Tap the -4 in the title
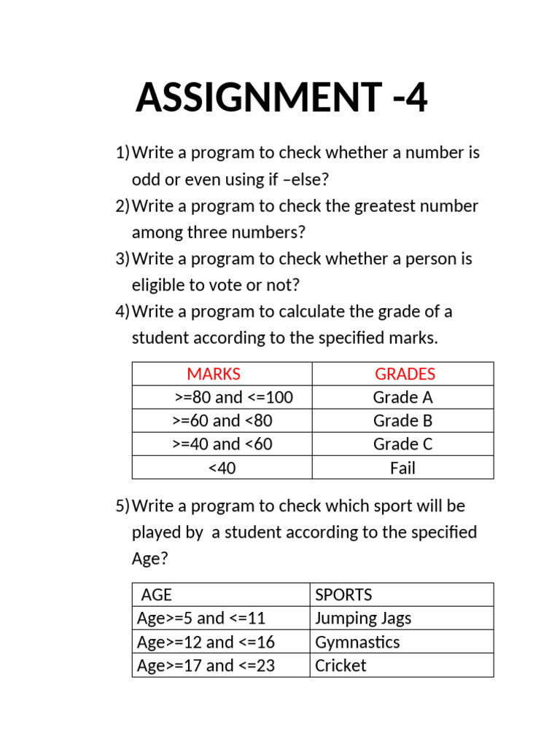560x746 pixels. pyautogui.click(x=408, y=98)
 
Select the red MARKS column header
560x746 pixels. pyautogui.click(x=214, y=374)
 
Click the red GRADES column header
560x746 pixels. pyautogui.click(x=405, y=374)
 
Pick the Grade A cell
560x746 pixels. pyautogui.click(x=402, y=398)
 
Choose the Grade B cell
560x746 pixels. pyautogui.click(x=402, y=421)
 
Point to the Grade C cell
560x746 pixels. pyautogui.click(x=402, y=444)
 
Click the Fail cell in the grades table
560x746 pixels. pyautogui.click(x=402, y=468)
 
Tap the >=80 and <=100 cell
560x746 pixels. pyautogui.click(x=233, y=398)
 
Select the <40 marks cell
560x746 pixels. pyautogui.click(x=222, y=468)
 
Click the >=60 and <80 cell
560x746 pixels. pyautogui.click(x=222, y=421)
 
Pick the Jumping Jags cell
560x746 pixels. pyautogui.click(x=363, y=619)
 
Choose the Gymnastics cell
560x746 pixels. pyautogui.click(x=357, y=643)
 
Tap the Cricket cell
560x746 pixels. pyautogui.click(x=341, y=666)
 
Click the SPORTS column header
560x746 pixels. pyautogui.click(x=343, y=595)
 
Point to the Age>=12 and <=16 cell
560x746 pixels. pyautogui.click(x=206, y=643)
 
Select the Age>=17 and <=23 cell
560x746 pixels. pyautogui.click(x=206, y=666)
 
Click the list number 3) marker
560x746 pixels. pyautogui.click(x=122, y=259)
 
